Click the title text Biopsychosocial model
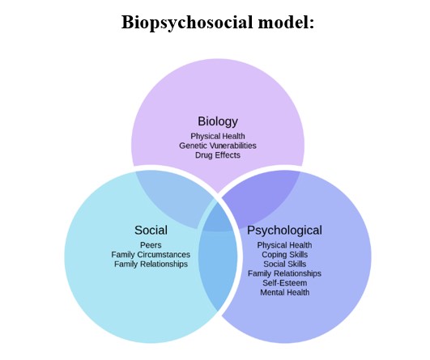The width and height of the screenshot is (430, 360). point(218,23)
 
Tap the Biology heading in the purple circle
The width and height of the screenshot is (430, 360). point(218,121)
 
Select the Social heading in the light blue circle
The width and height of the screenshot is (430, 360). point(151,230)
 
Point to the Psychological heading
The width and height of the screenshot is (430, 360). point(284,231)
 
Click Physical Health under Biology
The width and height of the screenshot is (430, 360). point(218,137)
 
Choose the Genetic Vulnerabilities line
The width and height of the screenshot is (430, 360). point(218,146)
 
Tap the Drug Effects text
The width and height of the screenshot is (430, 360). point(218,155)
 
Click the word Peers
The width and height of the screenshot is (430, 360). point(151,245)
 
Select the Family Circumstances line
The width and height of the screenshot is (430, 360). point(151,255)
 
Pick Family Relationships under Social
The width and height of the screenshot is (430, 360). point(151,264)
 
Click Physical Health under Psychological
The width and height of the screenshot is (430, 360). point(284,245)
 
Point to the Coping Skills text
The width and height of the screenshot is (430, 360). point(284,255)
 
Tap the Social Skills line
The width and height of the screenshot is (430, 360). point(284,264)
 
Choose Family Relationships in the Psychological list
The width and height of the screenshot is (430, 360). point(284,273)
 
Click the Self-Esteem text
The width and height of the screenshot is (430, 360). point(284,282)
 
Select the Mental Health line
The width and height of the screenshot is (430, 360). point(284,292)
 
